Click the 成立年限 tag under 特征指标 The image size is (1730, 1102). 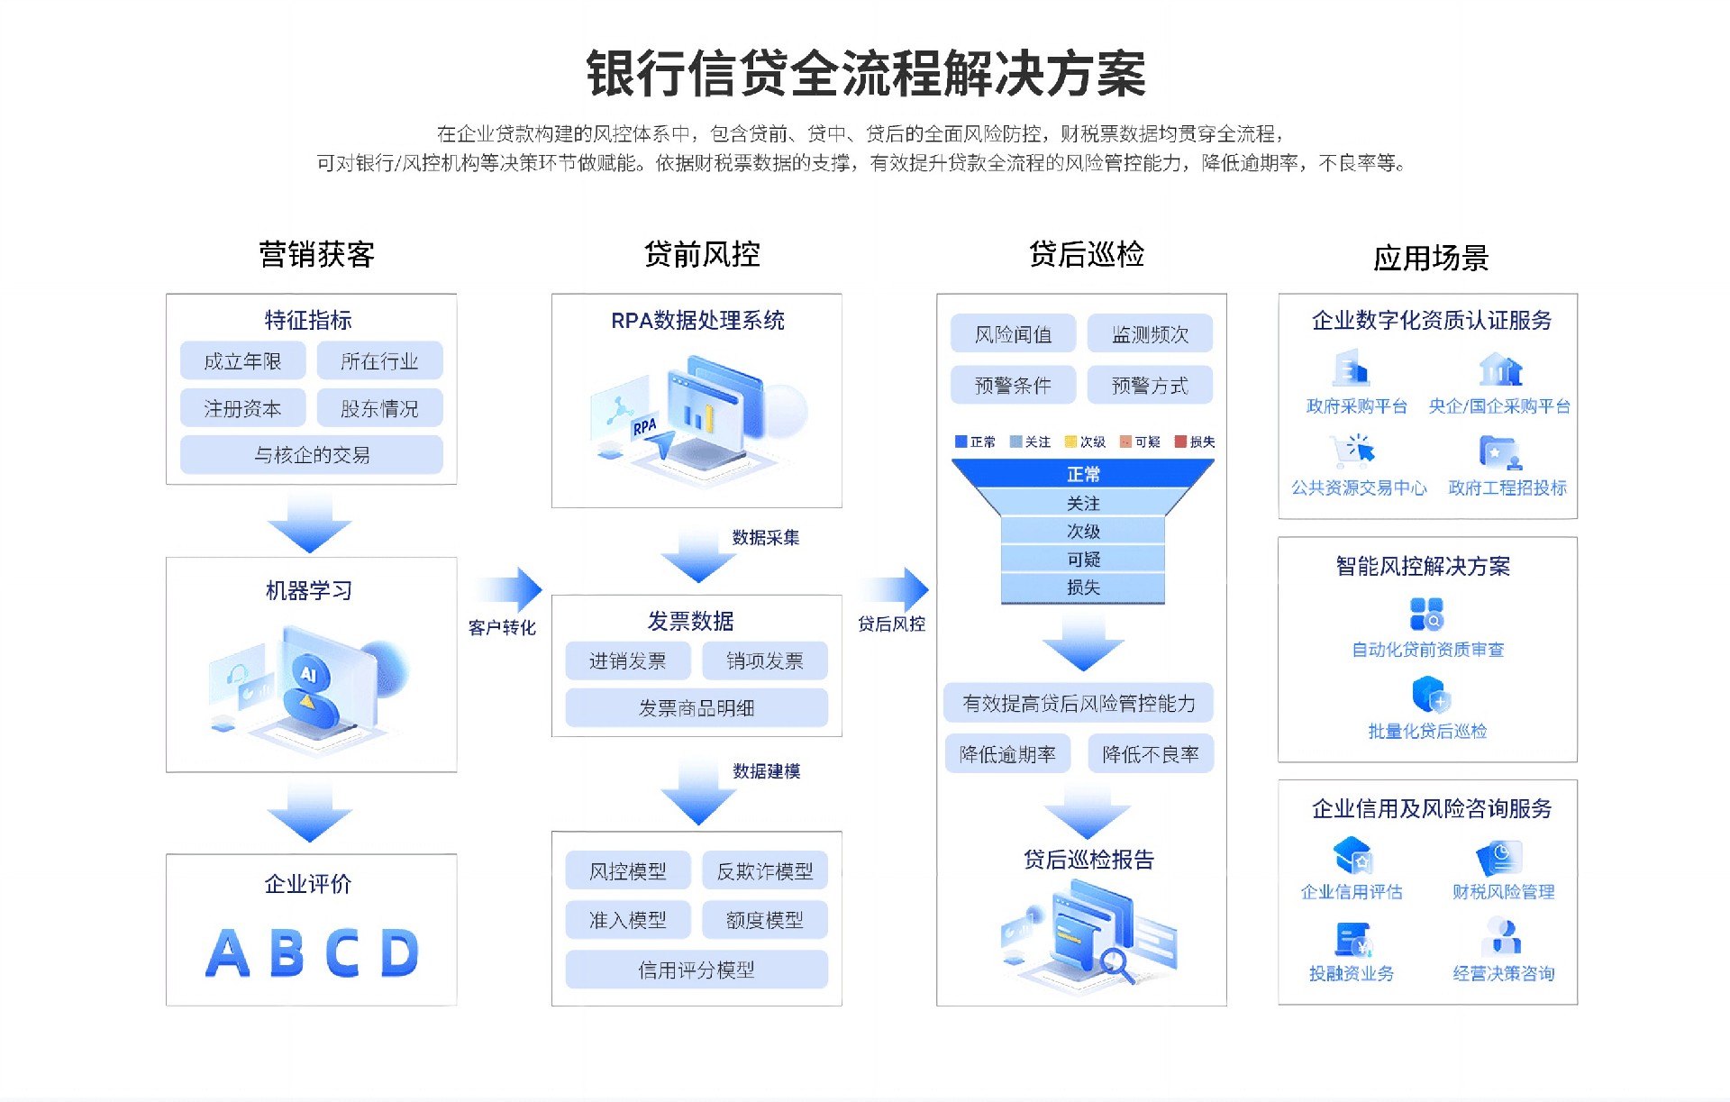242,361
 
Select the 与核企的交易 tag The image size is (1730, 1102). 311,455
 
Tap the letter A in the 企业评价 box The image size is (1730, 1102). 227,953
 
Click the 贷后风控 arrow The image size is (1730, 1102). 896,590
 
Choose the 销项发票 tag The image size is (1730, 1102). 764,661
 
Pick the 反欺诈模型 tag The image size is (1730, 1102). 764,871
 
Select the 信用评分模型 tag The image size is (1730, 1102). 696,970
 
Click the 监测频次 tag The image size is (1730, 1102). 1150,334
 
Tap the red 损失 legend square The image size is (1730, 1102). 1180,442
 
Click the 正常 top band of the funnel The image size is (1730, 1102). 1083,474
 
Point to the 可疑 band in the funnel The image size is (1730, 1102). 1083,560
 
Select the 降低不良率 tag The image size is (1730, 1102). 1150,754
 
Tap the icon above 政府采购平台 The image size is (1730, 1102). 1352,368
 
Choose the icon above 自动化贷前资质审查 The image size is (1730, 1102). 1426,615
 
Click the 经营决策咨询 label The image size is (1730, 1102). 1503,973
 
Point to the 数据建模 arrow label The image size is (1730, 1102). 766,771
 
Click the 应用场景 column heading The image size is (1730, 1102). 1430,259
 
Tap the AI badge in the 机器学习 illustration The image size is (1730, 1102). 309,674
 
